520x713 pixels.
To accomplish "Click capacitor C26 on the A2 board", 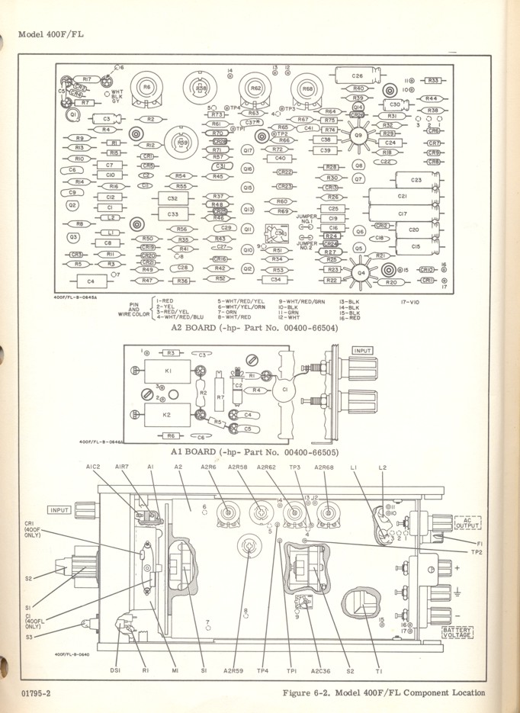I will pos(358,76).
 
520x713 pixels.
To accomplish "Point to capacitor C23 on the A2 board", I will pos(416,180).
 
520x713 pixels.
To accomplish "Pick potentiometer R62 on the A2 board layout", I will pos(255,88).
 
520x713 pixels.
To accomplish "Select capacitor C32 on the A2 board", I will pos(172,198).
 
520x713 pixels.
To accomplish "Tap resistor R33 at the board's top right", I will pos(435,80).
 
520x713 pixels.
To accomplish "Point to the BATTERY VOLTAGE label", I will pos(457,632).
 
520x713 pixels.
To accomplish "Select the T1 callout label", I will pos(379,670).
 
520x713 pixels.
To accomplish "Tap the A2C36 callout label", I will pos(319,670).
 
